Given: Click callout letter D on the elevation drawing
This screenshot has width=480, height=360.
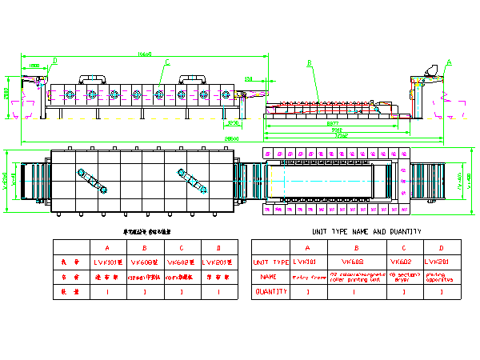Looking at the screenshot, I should (x=54, y=60).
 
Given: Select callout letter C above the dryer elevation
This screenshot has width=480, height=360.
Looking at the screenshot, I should (x=167, y=62).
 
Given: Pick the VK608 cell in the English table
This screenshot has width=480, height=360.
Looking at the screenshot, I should (x=353, y=262).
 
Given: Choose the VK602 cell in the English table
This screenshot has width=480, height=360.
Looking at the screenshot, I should (x=402, y=262).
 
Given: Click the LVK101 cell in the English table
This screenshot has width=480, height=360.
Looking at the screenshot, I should (x=306, y=262).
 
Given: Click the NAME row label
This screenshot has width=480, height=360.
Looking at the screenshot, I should (x=269, y=277).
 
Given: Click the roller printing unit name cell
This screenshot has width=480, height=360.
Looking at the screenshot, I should (x=353, y=277).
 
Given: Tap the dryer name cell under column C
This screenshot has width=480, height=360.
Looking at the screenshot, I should (x=402, y=277).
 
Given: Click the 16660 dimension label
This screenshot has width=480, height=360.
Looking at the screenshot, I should (x=144, y=54).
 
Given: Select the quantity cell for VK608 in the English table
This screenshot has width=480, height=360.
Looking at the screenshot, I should (x=353, y=292).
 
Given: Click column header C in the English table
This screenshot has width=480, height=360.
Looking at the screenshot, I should (x=402, y=246).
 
